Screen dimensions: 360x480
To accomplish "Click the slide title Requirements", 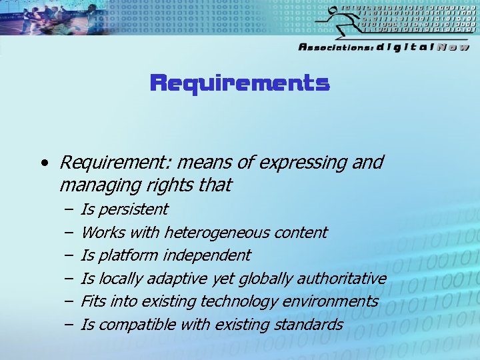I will [240, 84].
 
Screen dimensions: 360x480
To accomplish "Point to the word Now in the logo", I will [453, 47].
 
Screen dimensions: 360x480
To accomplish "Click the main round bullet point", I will [43, 163].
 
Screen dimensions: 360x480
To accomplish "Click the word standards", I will [312, 325].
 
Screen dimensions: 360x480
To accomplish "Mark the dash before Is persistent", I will [69, 209].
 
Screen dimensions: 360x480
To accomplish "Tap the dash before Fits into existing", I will [69, 301].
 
